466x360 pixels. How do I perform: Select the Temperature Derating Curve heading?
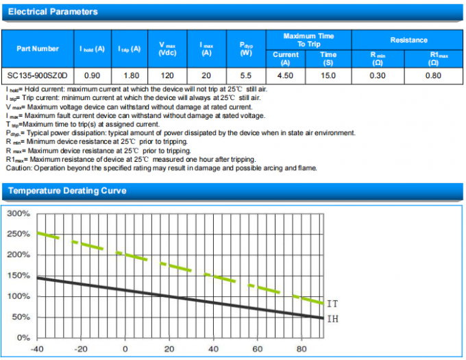(x=66, y=191)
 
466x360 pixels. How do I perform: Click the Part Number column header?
(x=37, y=49)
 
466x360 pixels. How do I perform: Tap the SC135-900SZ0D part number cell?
(x=38, y=75)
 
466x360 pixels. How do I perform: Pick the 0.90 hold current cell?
(x=91, y=75)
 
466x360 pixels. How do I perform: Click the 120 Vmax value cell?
(x=168, y=75)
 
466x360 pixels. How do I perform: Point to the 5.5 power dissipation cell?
(x=247, y=75)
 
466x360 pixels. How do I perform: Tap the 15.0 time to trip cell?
(x=328, y=75)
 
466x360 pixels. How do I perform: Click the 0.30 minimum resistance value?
(x=378, y=75)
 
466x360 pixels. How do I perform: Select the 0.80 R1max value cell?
(x=433, y=75)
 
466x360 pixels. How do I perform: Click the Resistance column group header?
(x=408, y=40)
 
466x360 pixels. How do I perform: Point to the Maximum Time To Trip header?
(x=308, y=39)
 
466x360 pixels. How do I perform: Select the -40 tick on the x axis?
(x=37, y=349)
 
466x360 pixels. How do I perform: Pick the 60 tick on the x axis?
(x=257, y=349)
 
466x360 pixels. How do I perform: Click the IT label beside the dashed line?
(x=333, y=303)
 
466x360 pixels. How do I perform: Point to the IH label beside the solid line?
(x=333, y=319)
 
